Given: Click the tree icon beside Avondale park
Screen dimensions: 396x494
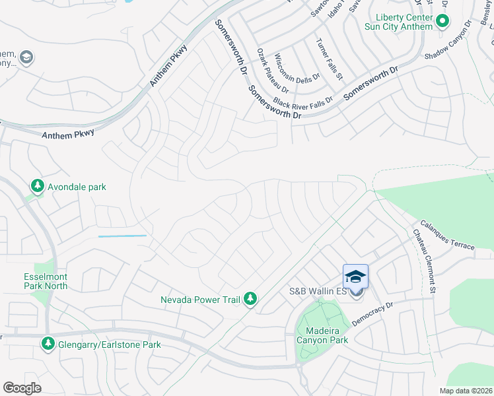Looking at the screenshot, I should pos(38,187).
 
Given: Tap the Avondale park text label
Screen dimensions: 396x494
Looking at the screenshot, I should pos(77,187).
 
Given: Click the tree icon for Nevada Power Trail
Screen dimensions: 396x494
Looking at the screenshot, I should pos(250,300).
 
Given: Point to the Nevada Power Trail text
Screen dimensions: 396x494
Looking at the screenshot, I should pos(200,300).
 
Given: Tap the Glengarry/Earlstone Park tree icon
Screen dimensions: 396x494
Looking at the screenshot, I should pos(48,344).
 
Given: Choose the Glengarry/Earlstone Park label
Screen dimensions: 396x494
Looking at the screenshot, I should pos(109,345).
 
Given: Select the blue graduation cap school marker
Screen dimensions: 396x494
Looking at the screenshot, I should pos(355,277).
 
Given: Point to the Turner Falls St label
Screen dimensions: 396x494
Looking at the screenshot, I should pos(330,59).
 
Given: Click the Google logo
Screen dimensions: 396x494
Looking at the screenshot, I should pos(22,388).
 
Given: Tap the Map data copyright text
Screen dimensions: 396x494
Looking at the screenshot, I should pos(466,391).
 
